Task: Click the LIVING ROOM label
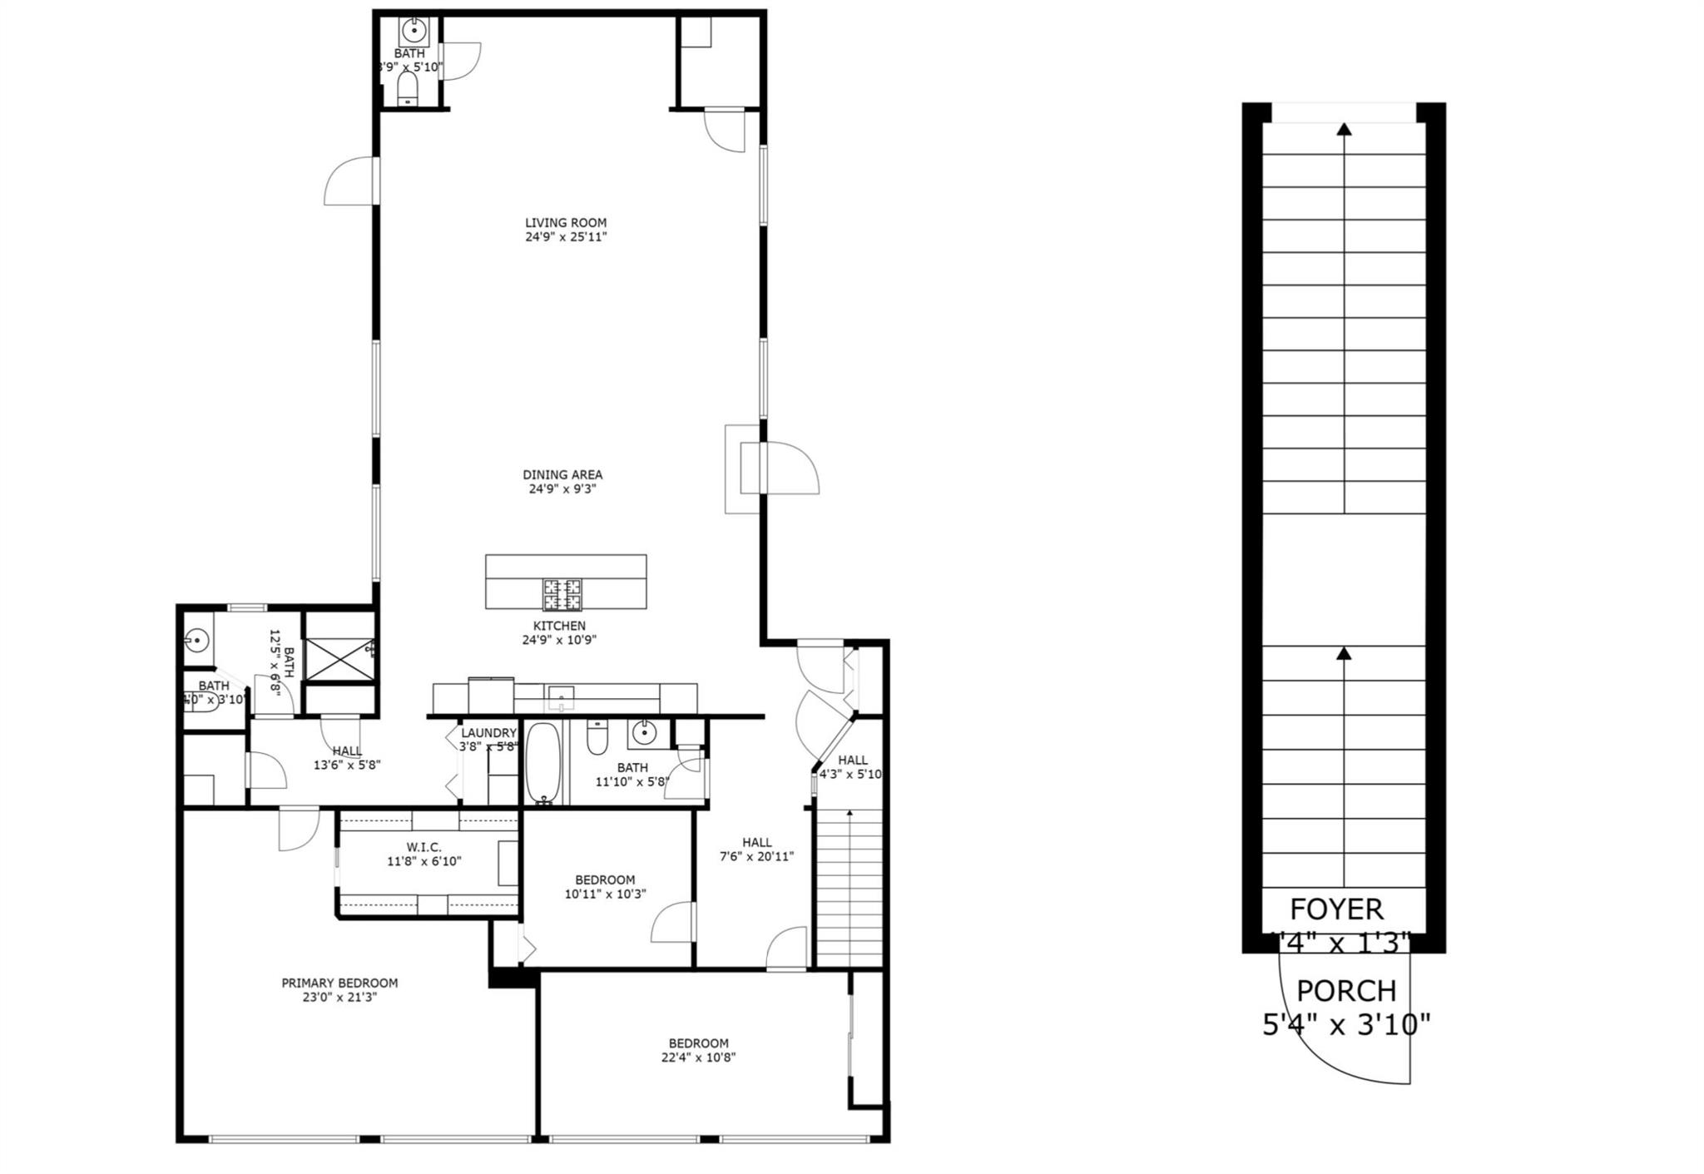coord(566,223)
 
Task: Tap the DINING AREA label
coord(562,475)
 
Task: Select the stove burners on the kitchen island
coord(562,595)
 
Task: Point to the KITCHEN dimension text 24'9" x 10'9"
coord(559,640)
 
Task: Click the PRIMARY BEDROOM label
coord(339,983)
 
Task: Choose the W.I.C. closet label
coord(424,847)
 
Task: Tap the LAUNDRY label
coord(488,733)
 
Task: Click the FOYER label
coord(1336,909)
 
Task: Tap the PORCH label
coord(1346,991)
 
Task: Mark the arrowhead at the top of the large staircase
coord(1344,129)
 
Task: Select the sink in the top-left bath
coord(414,32)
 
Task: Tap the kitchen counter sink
coord(561,695)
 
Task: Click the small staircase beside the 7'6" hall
coord(849,886)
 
